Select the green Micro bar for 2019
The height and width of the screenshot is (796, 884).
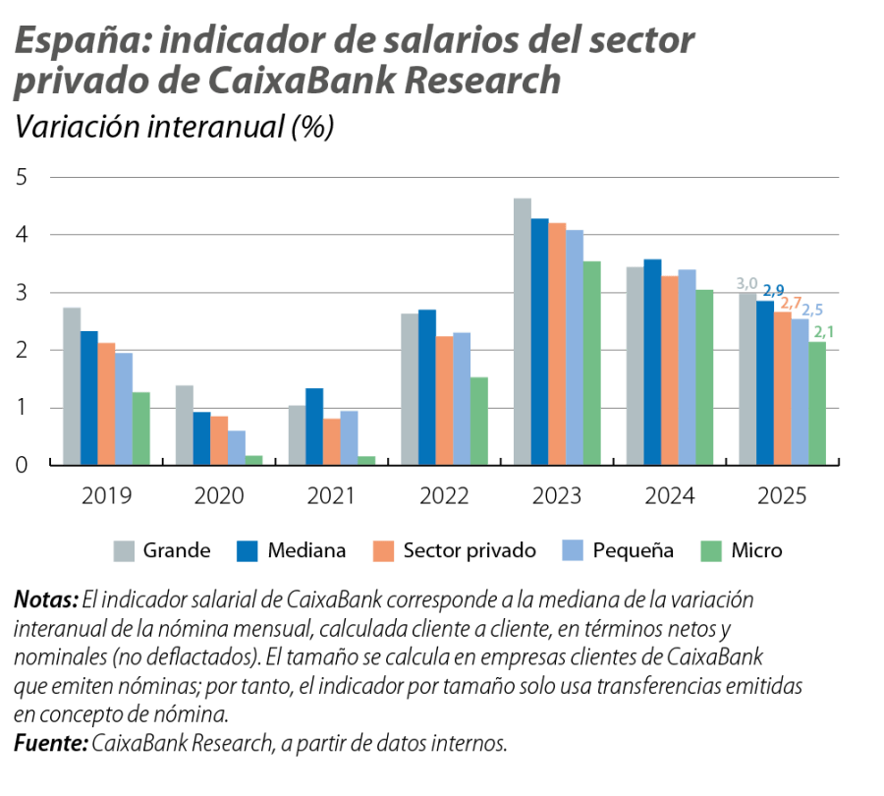(x=142, y=427)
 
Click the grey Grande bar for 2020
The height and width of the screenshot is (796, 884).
(x=184, y=425)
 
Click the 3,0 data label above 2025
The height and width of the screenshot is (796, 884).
(x=747, y=284)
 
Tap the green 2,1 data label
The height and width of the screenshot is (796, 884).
(x=824, y=332)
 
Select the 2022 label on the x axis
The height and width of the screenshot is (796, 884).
(x=444, y=497)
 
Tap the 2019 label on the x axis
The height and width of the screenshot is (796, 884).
(x=106, y=497)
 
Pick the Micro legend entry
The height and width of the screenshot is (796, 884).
(x=756, y=550)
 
